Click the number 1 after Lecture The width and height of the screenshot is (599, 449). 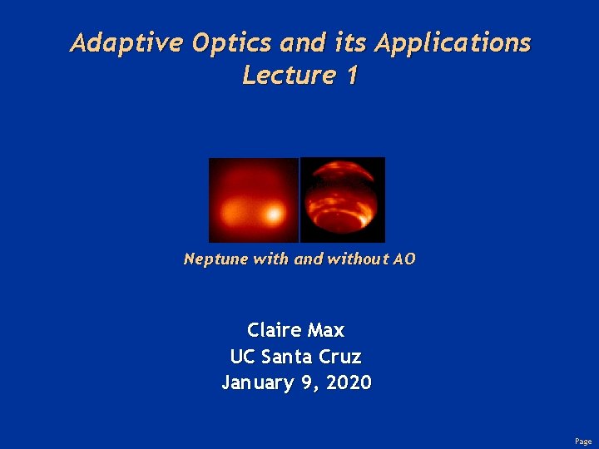tap(352, 76)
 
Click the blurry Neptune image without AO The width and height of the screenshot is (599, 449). tap(253, 200)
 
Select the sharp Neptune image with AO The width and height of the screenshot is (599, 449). tap(343, 200)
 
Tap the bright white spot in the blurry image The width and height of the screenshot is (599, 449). tap(271, 215)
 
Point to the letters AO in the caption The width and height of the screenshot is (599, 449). tap(404, 259)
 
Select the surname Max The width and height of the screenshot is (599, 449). tap(327, 330)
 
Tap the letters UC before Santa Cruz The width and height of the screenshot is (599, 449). tap(243, 357)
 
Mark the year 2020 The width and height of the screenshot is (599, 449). tap(349, 383)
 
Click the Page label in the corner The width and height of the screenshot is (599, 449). tap(583, 442)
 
